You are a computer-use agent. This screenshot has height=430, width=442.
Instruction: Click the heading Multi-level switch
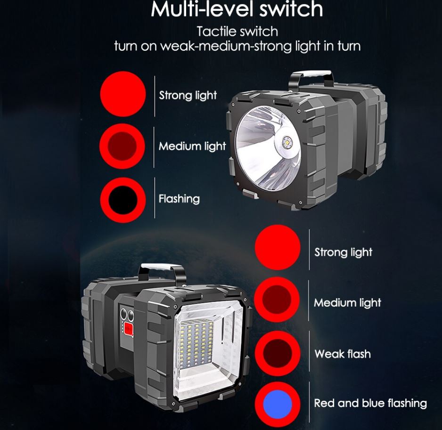click(x=237, y=9)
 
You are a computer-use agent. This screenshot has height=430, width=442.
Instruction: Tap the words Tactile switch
click(x=237, y=32)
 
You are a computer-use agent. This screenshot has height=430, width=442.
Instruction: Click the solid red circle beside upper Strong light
click(x=123, y=94)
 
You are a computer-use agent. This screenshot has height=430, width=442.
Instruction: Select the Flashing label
click(x=179, y=199)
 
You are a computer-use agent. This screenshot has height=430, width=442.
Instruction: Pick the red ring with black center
click(x=123, y=200)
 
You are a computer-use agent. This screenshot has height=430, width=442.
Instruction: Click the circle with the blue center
click(x=277, y=404)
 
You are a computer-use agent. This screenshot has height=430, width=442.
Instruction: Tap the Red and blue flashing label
click(x=370, y=403)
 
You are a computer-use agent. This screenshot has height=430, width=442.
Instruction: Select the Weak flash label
click(x=343, y=354)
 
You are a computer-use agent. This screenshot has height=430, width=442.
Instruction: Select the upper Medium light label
click(x=192, y=146)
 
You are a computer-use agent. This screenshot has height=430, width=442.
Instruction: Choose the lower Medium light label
click(x=347, y=303)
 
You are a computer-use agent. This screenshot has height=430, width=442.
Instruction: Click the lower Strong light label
click(x=344, y=252)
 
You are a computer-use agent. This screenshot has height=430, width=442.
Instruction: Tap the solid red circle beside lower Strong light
click(x=278, y=247)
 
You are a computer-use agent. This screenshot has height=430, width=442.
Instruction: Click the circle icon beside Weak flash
click(x=278, y=353)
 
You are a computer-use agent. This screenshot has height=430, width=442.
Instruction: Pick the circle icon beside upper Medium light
click(x=123, y=146)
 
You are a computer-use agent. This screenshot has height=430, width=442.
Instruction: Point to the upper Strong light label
click(x=188, y=95)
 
